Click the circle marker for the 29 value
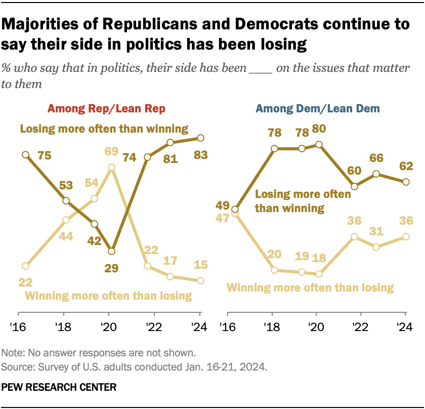coord(112,251)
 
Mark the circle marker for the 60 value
coord(355,186)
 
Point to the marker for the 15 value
coord(201,280)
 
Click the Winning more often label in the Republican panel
coord(108,296)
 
